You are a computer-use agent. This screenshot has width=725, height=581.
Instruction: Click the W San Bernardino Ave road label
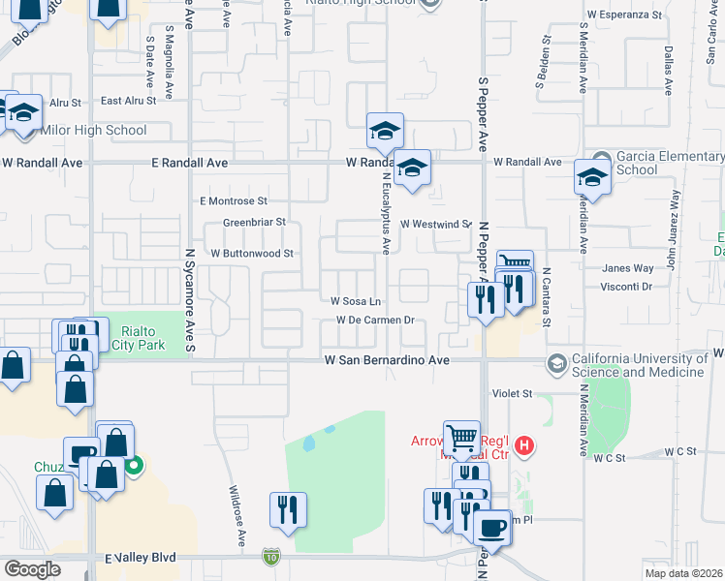pos(387,360)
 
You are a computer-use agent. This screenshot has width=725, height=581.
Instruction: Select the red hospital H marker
pos(524,446)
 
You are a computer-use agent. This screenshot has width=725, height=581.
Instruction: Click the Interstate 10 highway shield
pos(269,558)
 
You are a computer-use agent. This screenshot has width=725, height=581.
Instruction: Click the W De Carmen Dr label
pos(375,320)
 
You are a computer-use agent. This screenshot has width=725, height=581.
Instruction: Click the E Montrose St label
pos(233,201)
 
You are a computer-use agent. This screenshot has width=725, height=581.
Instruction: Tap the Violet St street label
pos(514,394)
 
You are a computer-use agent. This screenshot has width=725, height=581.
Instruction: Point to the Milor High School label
pos(94,130)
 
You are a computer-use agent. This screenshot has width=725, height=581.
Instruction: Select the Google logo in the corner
pos(32,568)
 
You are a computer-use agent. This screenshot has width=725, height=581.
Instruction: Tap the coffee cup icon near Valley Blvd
pos(492,528)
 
